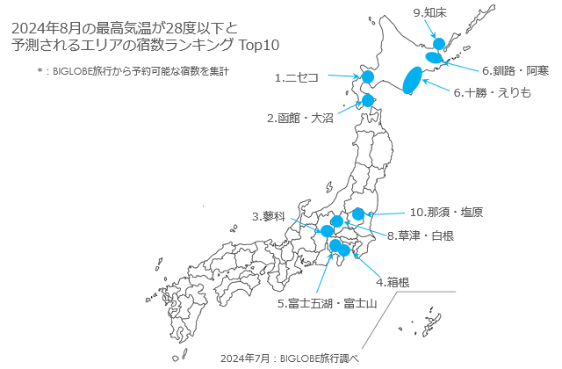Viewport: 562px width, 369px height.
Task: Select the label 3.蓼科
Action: coord(269,216)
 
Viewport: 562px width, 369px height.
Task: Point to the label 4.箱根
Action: coord(392,283)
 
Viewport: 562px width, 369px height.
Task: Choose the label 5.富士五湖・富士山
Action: coord(327,304)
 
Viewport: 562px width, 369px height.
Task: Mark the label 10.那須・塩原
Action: coord(446,212)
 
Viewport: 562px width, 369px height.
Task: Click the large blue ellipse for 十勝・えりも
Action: coord(409,80)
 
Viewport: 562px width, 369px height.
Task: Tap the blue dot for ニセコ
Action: coord(368,78)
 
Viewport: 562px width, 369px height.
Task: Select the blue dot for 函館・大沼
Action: coord(368,101)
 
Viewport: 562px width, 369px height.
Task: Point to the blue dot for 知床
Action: coord(440,42)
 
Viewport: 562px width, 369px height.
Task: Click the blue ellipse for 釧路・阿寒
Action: coord(433,57)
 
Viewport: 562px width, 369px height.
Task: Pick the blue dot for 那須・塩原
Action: coord(357,214)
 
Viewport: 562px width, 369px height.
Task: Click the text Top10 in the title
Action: coord(259,44)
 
